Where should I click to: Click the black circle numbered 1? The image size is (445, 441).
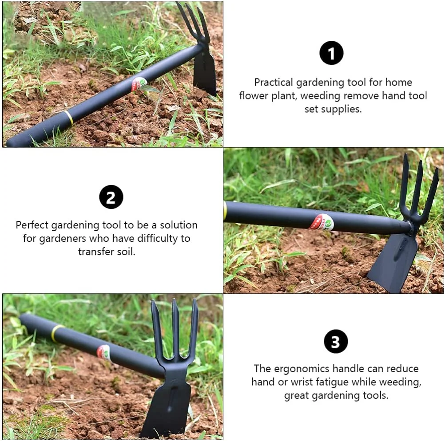tap(331, 53)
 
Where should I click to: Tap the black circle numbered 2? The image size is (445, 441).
tap(111, 197)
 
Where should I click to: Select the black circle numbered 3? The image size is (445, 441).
tap(335, 342)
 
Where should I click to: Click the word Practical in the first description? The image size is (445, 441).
tap(273, 83)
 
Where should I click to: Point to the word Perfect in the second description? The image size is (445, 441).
tap(32, 225)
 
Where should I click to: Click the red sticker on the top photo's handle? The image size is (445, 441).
tap(139, 83)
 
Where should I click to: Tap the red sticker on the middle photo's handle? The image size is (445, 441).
tap(322, 222)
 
